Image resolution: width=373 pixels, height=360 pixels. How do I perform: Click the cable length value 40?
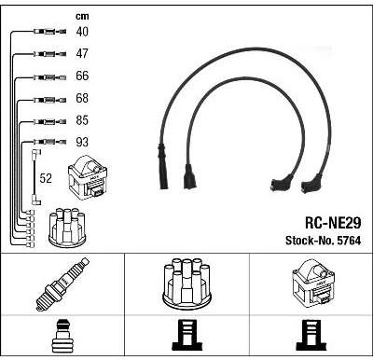[x=82, y=32]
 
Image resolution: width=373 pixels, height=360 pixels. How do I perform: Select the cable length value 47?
[x=82, y=53]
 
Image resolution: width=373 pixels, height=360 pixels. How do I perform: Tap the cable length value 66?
[x=82, y=76]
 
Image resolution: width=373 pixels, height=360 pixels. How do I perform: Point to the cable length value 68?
[x=82, y=98]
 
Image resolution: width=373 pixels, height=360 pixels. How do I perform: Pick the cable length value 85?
[x=82, y=120]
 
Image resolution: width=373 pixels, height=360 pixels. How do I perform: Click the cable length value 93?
[x=82, y=142]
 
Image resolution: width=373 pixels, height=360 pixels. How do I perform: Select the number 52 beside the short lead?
[x=46, y=178]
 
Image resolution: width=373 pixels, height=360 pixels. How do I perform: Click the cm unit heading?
[x=82, y=16]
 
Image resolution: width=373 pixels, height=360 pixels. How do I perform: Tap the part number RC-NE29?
[x=333, y=223]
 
